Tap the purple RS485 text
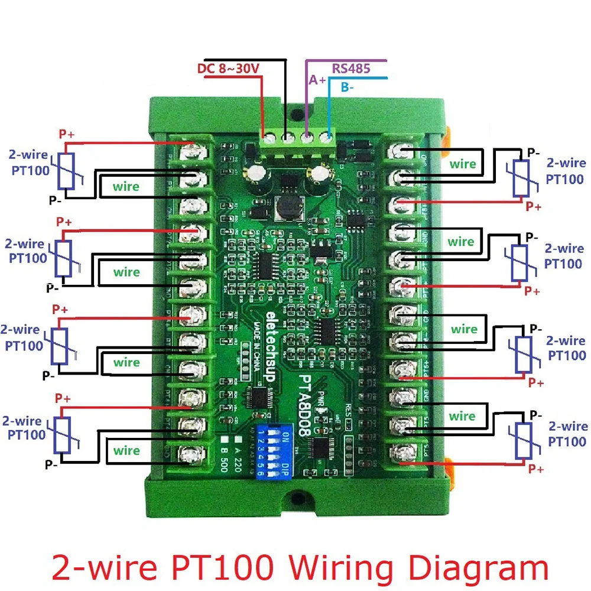[350, 68]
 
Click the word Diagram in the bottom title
[485, 567]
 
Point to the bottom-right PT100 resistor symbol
[522, 440]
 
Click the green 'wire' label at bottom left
[126, 451]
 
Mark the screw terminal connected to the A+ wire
[307, 139]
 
